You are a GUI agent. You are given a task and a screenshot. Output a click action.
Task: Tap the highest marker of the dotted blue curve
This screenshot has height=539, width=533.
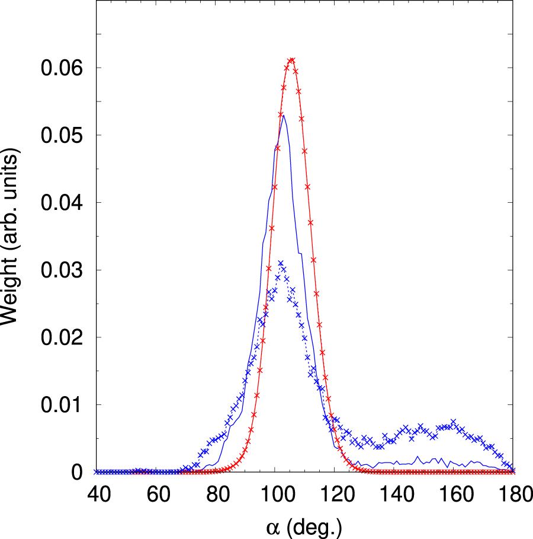coord(281,263)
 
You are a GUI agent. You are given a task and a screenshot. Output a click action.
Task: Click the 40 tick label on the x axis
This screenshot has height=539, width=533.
coord(97,494)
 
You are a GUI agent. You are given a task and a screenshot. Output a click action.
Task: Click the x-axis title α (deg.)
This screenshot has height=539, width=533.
coord(304,525)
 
